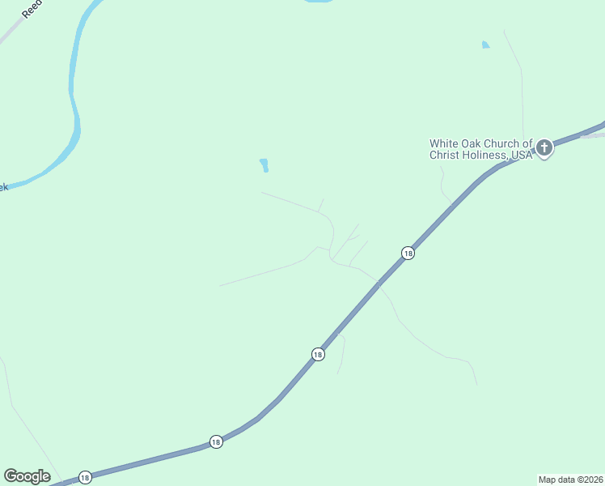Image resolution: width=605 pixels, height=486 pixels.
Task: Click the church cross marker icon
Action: tap(544, 147)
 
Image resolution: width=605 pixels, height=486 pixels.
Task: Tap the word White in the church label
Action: tap(445, 144)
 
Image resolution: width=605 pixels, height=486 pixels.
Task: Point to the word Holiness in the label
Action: tap(483, 155)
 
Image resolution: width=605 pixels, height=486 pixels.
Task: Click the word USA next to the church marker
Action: tap(522, 155)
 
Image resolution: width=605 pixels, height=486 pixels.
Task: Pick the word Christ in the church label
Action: tap(444, 155)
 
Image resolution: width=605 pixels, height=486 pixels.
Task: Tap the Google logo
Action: tap(27, 476)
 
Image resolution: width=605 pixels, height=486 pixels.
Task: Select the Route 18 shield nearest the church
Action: tap(408, 254)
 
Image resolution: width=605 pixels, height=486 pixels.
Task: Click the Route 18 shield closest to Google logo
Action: tap(85, 477)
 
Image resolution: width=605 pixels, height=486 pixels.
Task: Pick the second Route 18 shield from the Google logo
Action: tap(215, 441)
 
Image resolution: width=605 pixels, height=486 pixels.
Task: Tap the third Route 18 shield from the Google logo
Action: tap(318, 355)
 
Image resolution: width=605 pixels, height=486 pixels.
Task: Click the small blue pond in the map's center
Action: tap(264, 165)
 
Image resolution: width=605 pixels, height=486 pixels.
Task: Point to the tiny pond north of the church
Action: tap(485, 45)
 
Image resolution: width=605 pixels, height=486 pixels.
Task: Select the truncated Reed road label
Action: tap(30, 9)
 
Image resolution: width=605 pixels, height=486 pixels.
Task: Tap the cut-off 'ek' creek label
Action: tap(3, 187)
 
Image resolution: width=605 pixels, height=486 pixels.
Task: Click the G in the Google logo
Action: tap(11, 476)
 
